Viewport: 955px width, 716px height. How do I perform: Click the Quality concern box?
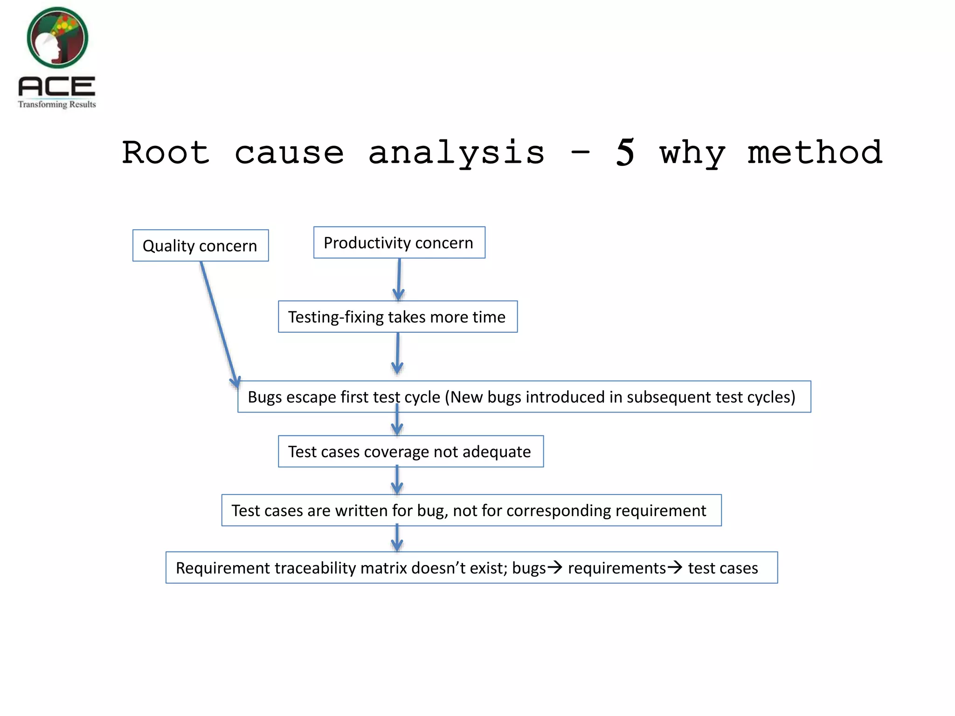tap(200, 246)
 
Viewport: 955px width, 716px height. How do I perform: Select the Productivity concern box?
tap(399, 243)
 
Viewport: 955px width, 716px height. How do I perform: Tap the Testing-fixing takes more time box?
tap(397, 317)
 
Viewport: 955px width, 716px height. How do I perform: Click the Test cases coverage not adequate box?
tap(410, 452)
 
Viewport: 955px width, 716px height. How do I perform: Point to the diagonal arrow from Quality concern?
tap(218, 322)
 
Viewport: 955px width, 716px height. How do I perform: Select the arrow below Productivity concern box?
tap(399, 280)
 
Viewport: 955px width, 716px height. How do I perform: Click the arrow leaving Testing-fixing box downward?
tap(397, 353)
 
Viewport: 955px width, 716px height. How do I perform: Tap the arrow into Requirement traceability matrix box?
tap(397, 538)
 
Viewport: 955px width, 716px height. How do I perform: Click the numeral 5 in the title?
tap(625, 152)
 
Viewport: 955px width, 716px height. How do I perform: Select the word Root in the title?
tap(166, 152)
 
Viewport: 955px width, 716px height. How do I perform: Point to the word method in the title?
tap(815, 152)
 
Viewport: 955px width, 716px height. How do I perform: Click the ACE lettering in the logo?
tap(56, 86)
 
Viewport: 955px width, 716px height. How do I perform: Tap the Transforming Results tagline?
tap(57, 104)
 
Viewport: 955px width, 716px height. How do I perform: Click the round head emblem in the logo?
tap(57, 37)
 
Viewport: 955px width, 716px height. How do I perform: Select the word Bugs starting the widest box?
tap(264, 397)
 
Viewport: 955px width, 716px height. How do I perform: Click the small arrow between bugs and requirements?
tap(555, 567)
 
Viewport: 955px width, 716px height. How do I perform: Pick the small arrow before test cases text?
tap(675, 567)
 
